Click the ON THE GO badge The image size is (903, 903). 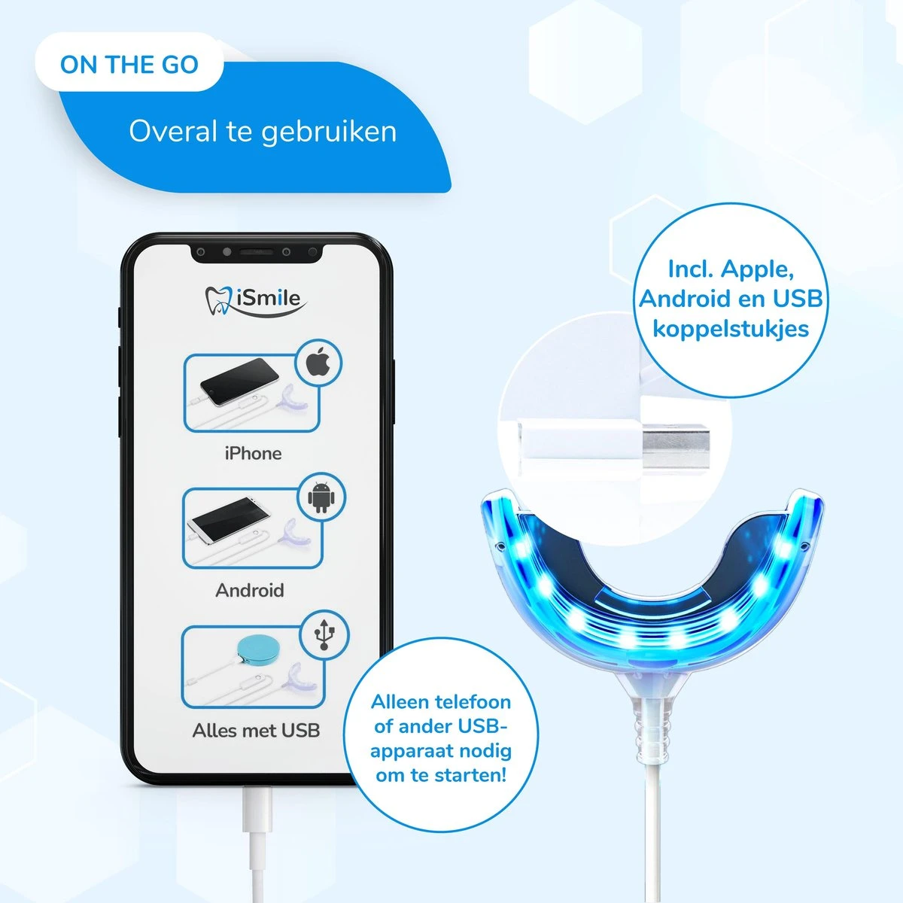[129, 65]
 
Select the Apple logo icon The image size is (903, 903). [319, 363]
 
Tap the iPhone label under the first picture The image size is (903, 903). [253, 454]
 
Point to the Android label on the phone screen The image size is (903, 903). [250, 591]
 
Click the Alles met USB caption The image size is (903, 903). [256, 731]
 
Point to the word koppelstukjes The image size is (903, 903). [731, 329]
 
